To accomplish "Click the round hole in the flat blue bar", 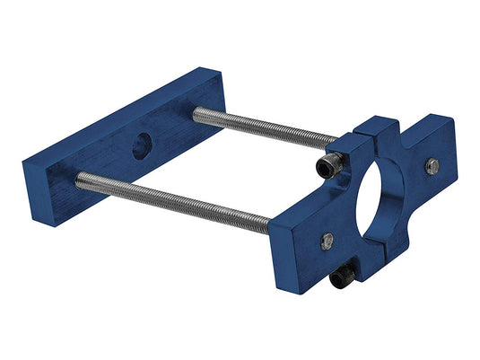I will click(x=142, y=145).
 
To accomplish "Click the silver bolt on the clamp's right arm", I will click(x=432, y=165).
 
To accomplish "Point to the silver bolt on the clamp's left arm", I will click(x=327, y=240).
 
